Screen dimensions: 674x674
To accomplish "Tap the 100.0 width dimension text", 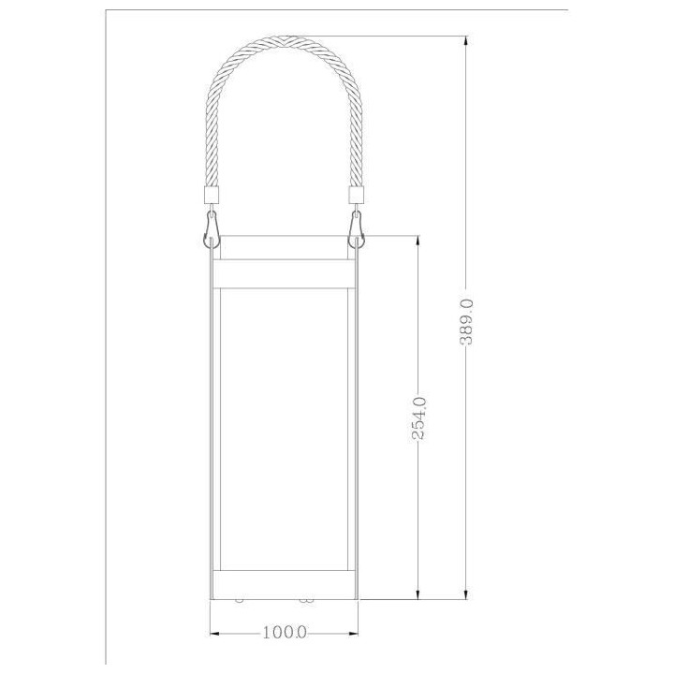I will pyautogui.click(x=285, y=631).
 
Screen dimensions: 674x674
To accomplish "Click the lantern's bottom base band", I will pyautogui.click(x=284, y=579).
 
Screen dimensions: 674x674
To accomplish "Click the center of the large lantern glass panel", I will pyautogui.click(x=284, y=426).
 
